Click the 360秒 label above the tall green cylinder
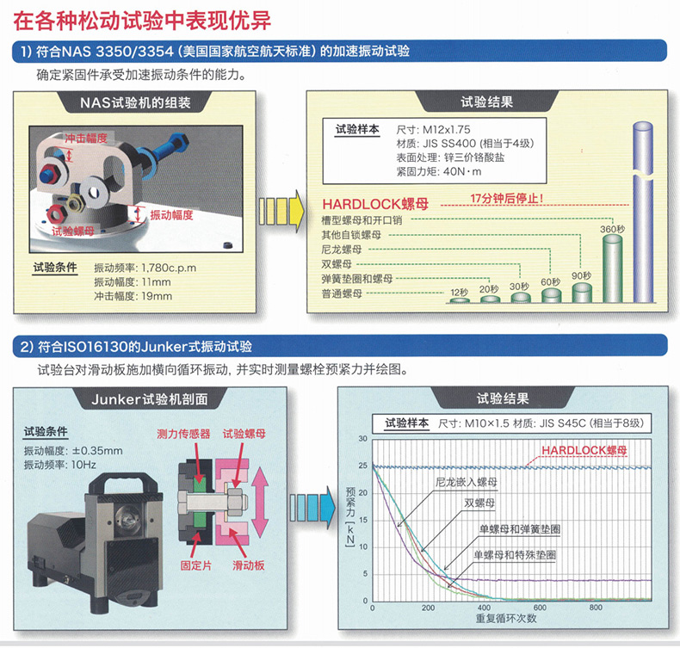coord(612,229)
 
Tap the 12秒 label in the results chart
coord(460,292)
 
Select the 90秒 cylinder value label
coord(581,275)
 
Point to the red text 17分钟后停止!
coord(506,199)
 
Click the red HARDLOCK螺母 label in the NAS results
coord(375,204)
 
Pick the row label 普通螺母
coord(342,293)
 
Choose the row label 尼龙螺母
coord(342,250)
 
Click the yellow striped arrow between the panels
coord(281,212)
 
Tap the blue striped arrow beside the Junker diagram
coord(312,507)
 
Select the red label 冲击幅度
coord(86,138)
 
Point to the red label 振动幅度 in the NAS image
coord(171,215)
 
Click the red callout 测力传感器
coord(183,434)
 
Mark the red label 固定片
coord(196,565)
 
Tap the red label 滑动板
coord(249,565)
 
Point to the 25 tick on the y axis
coord(362,466)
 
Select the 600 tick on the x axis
coord(540,608)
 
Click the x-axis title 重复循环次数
coord(506,619)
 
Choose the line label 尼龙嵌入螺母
coord(466,482)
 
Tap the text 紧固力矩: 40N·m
coord(438,171)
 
